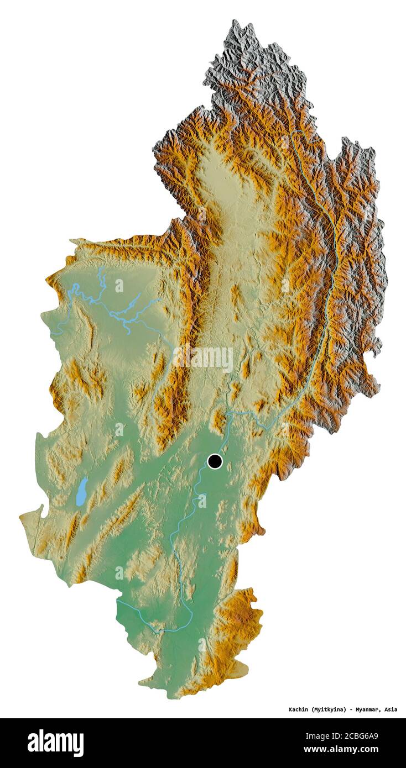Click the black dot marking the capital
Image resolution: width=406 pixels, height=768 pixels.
[215, 461]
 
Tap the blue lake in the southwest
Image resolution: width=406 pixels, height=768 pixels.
[82, 491]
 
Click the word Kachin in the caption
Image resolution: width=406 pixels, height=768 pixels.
[299, 709]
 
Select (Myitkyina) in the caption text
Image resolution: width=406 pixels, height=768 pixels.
[329, 709]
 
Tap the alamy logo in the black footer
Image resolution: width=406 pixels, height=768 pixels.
[55, 743]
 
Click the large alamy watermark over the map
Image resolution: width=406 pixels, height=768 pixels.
[203, 358]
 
